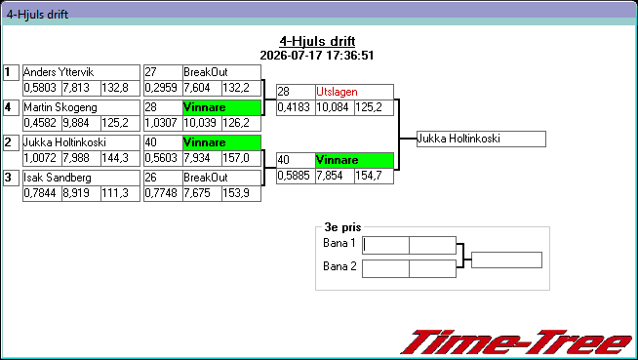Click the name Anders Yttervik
[59, 72]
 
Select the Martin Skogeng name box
[81, 107]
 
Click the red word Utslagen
[337, 92]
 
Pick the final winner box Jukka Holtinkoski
[481, 139]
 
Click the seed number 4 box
[11, 107]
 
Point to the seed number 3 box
[11, 178]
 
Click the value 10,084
[333, 107]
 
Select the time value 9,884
[76, 123]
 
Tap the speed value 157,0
[236, 158]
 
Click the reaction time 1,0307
[161, 123]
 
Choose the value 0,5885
[294, 176]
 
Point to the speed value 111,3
[115, 193]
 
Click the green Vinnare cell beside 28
[221, 107]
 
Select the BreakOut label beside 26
[206, 178]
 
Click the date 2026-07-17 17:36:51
[317, 56]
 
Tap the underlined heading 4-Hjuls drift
[317, 41]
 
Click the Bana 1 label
[339, 243]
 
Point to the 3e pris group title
[342, 227]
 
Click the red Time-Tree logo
[517, 342]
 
